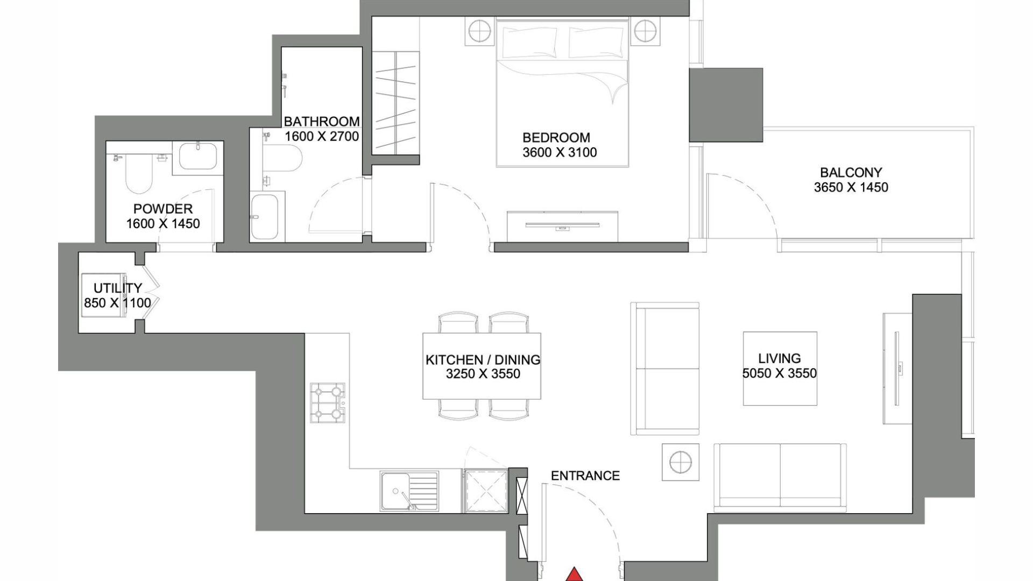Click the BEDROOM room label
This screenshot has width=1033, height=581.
(556, 138)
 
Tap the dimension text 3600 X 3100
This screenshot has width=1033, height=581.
(560, 153)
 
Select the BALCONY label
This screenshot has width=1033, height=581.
(851, 173)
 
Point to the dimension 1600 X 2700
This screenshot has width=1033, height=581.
(322, 137)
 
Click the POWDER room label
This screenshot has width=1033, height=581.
(163, 209)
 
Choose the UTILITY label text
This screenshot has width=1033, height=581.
(118, 288)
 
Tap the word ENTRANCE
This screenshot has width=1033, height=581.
(585, 476)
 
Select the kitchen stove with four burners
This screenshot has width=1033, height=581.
(327, 402)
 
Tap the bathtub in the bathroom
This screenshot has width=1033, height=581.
(264, 217)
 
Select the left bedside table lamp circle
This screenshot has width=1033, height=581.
(479, 32)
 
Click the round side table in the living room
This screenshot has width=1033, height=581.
(681, 462)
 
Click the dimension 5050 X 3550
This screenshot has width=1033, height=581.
(780, 373)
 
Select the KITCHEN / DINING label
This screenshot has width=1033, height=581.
(483, 360)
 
